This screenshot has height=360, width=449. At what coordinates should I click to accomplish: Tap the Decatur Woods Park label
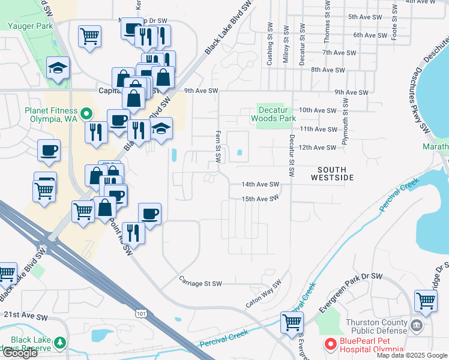(277, 114)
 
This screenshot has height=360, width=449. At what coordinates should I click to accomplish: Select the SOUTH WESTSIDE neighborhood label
(332, 173)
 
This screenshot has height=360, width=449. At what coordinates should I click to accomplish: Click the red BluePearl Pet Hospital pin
(330, 345)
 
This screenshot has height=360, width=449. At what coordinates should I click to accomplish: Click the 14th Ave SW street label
(261, 184)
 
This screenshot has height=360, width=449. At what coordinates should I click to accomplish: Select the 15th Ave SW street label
(261, 199)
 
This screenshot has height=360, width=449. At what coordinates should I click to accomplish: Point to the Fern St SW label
(218, 146)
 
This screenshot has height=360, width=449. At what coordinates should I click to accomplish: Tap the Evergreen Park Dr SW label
(351, 292)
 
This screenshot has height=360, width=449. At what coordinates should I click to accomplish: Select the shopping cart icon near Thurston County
(425, 300)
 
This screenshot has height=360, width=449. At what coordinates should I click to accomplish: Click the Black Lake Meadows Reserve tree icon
(59, 343)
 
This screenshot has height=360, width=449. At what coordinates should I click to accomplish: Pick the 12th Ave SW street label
(318, 147)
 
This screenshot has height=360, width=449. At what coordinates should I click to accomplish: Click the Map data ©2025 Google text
(412, 355)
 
